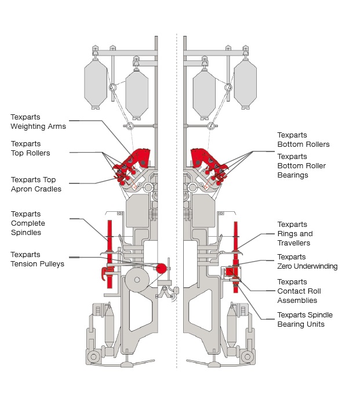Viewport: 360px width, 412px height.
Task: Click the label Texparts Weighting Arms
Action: tap(38, 121)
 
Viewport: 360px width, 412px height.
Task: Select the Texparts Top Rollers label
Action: tap(30, 149)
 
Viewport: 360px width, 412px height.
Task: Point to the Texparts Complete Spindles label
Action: tap(28, 223)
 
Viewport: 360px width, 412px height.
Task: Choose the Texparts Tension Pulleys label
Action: tap(37, 259)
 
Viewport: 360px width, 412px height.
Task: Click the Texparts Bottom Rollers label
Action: tap(303, 140)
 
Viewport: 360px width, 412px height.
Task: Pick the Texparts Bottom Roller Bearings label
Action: tap(301, 166)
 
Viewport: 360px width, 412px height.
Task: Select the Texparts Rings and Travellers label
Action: tap(294, 234)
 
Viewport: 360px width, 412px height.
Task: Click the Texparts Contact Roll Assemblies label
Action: tap(299, 291)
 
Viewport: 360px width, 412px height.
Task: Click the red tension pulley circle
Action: tap(161, 268)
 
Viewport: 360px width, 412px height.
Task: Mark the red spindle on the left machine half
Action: tap(108, 255)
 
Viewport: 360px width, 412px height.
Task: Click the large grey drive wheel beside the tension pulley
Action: tap(137, 280)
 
